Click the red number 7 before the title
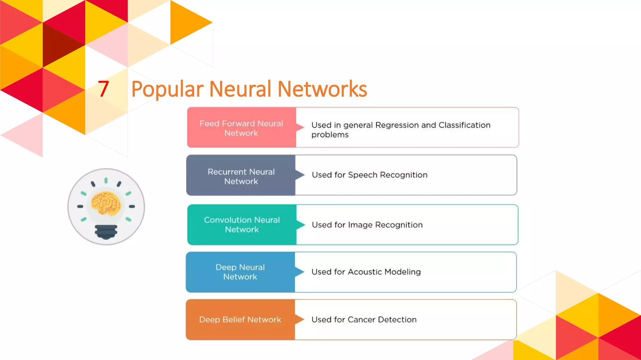pos(103,89)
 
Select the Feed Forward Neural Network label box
pos(241,128)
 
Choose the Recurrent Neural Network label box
pos(241,176)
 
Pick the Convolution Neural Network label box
pos(242,225)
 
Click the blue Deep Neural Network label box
pos(240,272)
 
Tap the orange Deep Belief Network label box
pos(240,320)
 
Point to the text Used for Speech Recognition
pos(370,175)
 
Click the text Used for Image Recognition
pos(367,225)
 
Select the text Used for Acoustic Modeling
pos(366,272)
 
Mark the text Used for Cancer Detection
pos(364,320)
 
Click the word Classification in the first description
pos(464,125)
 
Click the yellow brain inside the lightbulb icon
pos(106,203)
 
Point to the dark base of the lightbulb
pos(106,232)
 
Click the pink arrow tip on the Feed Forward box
pos(301,127)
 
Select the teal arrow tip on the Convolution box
pos(301,224)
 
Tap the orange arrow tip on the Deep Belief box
pos(300,319)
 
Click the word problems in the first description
pos(330,135)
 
